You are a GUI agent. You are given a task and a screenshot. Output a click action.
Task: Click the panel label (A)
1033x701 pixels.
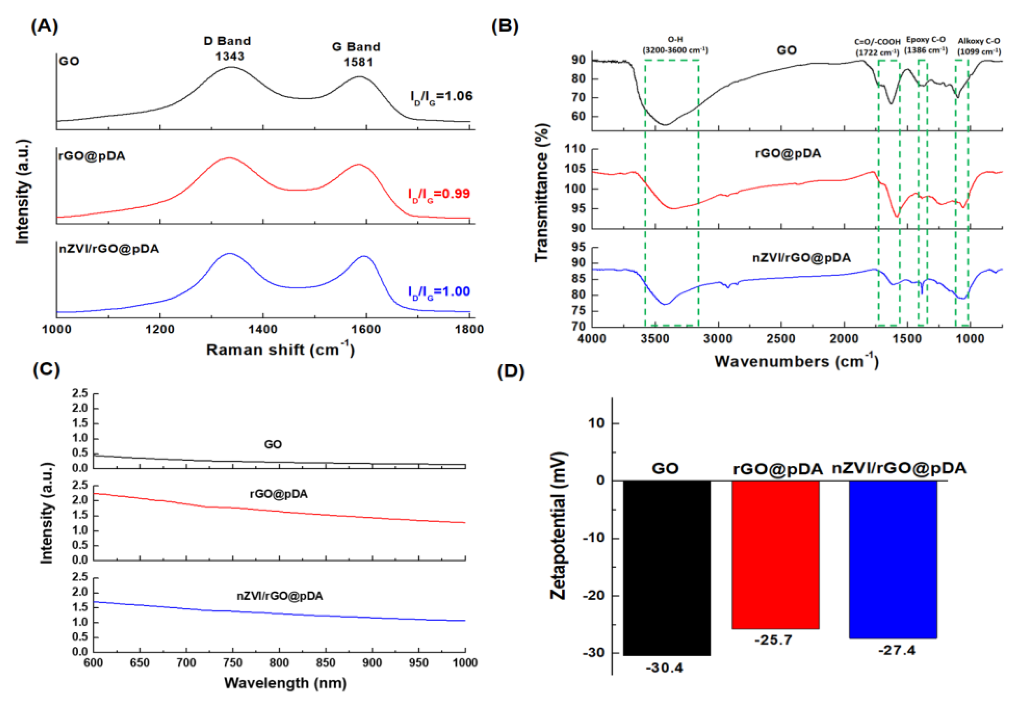pos(44,26)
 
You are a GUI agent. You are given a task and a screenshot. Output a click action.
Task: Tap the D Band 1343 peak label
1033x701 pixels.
pos(228,48)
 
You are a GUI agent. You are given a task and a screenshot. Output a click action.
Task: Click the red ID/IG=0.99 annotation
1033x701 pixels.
pos(439,194)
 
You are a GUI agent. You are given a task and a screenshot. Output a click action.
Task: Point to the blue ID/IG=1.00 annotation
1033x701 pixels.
pos(439,292)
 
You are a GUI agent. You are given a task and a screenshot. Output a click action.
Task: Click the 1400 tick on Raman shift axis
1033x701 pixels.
pos(263,329)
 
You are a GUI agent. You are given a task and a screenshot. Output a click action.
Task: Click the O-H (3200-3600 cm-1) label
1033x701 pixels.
pos(675,45)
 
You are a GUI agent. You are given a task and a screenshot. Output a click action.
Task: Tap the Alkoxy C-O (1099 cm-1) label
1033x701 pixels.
pos(979,46)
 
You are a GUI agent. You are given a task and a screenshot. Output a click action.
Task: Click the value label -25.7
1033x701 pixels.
pos(773,640)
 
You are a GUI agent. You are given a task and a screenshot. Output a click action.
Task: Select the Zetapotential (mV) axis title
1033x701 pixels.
pos(558,526)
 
